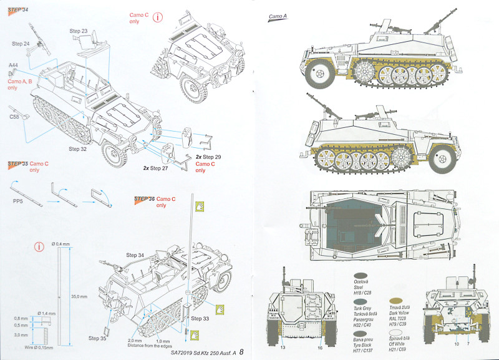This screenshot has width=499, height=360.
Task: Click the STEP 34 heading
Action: click(18, 8)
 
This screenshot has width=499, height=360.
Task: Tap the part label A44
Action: click(13, 65)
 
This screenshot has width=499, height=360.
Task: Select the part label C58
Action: click(14, 117)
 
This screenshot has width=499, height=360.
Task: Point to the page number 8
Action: click(241, 350)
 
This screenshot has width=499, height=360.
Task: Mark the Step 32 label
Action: click(77, 149)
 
